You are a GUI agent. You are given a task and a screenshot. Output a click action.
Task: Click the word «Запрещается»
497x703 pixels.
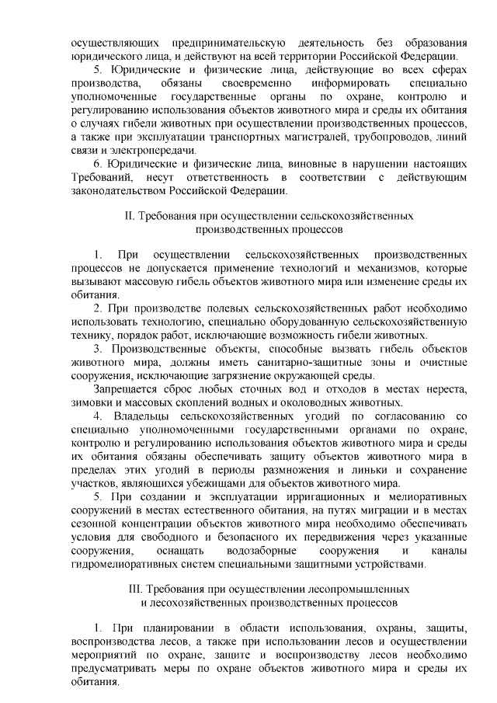click(x=123, y=388)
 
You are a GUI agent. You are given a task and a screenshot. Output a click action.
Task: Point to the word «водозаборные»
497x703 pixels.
click(x=258, y=552)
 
